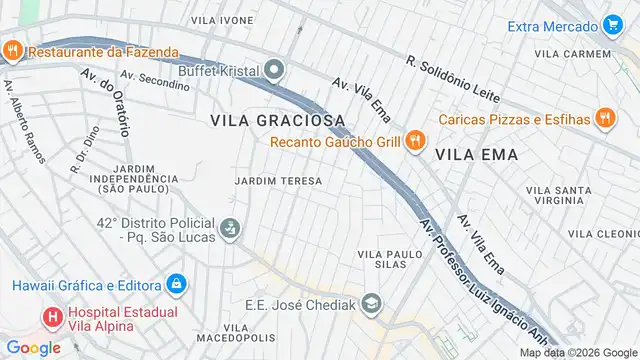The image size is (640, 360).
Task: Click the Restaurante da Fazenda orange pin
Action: tap(13, 51)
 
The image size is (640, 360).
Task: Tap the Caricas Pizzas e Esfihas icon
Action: tap(604, 119)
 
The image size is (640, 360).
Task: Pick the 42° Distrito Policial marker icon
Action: tap(231, 229)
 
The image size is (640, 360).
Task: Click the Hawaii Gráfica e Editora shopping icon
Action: tap(176, 284)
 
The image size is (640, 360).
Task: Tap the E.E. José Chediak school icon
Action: tap(371, 302)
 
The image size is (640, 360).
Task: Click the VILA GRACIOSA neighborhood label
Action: tap(278, 120)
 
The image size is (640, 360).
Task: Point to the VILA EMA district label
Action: tap(476, 155)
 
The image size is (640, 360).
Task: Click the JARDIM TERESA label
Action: tap(278, 181)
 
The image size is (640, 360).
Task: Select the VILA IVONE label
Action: tap(222, 20)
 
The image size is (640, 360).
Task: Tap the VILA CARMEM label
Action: tap(572, 54)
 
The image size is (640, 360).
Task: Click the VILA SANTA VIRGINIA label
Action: tap(565, 195)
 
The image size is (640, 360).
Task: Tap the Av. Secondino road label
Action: tap(154, 80)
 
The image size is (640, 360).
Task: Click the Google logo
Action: tap(32, 347)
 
